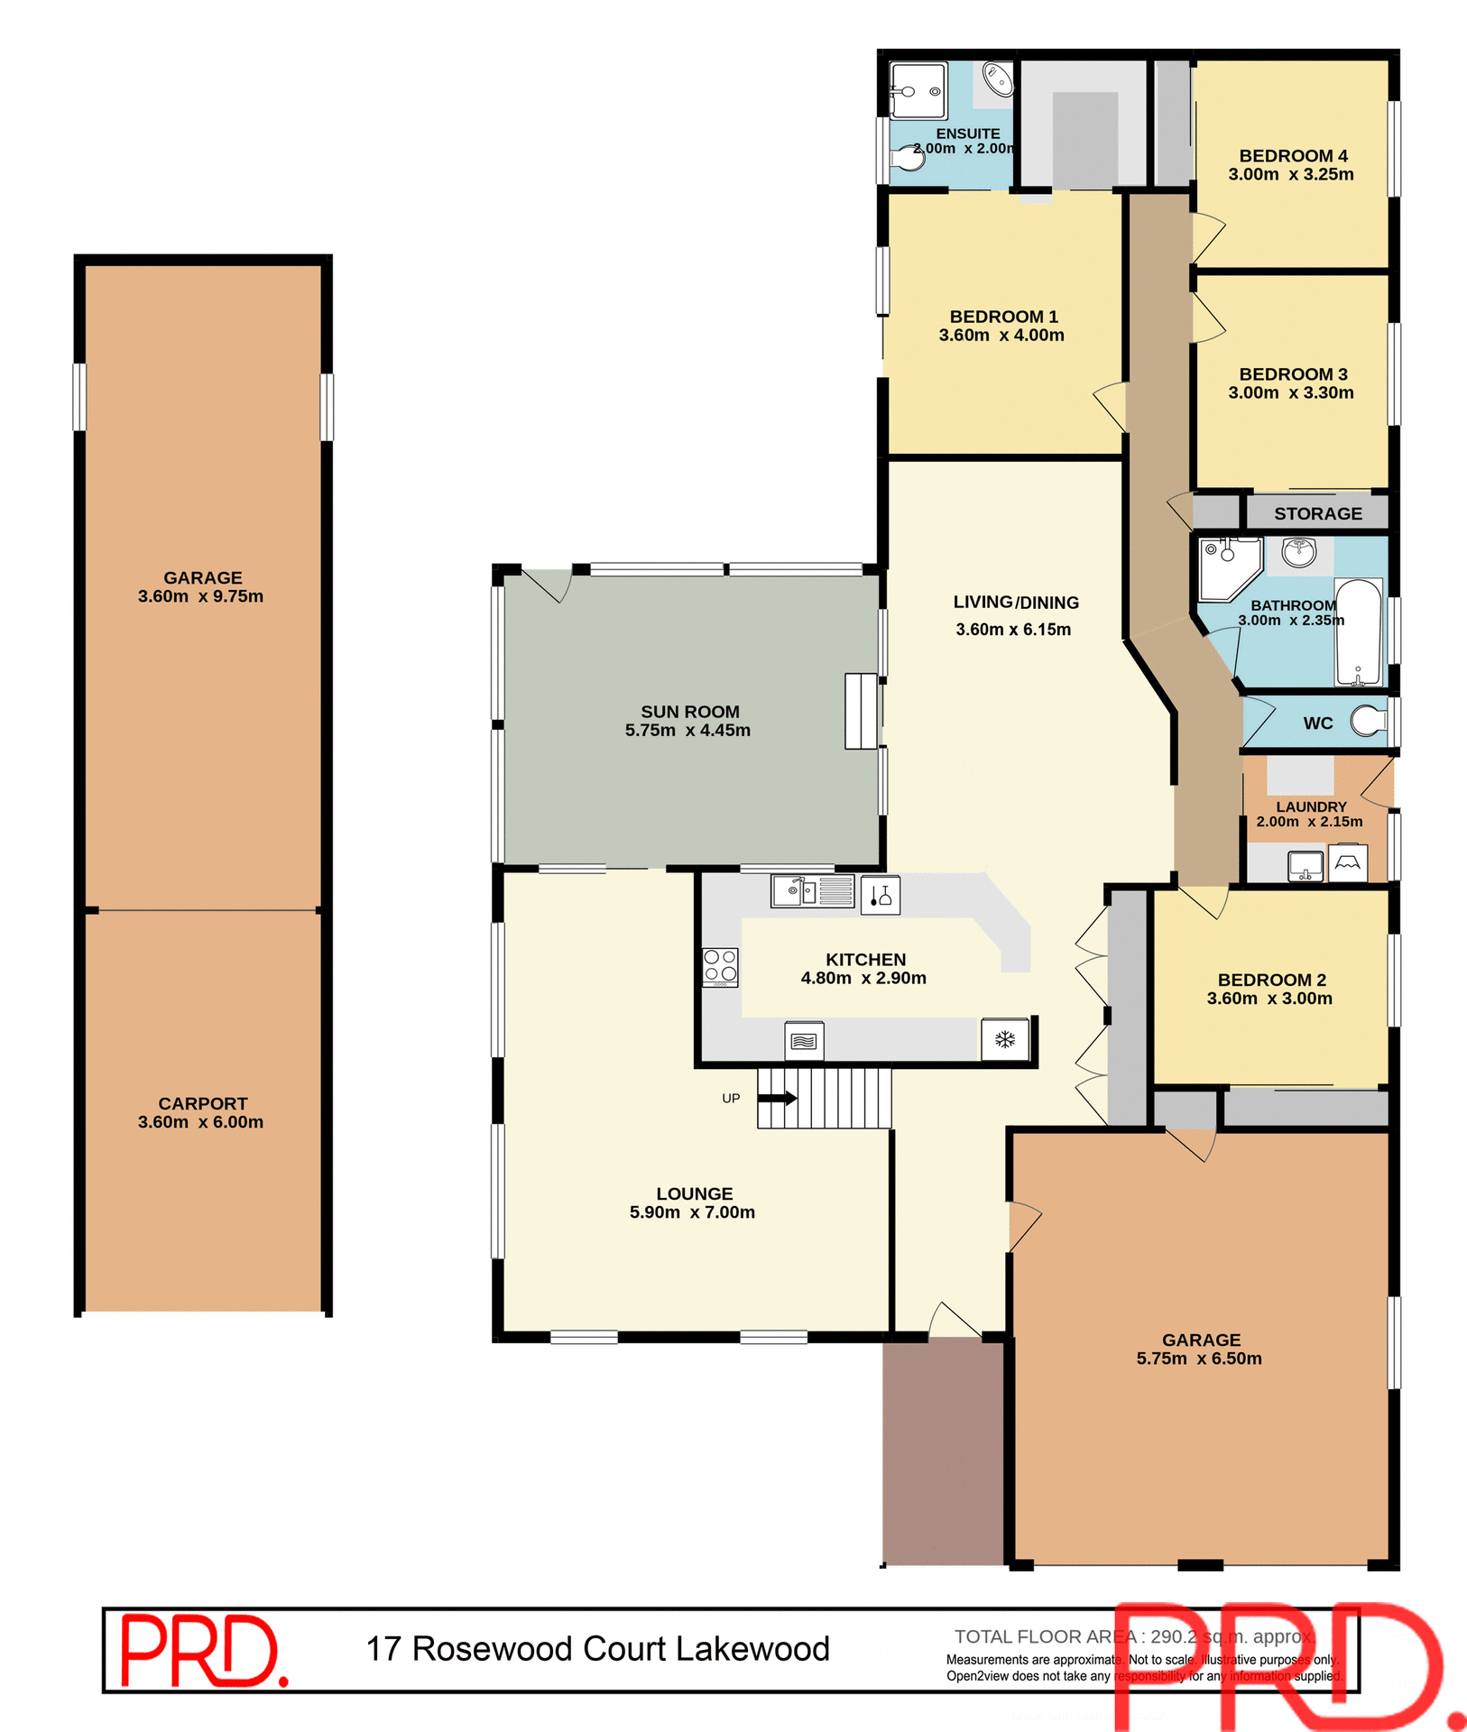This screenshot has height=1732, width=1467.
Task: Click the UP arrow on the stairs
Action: point(777,1098)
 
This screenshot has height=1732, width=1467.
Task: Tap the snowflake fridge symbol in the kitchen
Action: point(1004,1039)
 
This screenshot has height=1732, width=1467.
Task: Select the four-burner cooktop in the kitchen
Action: point(721,966)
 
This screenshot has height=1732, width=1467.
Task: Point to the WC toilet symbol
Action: point(1370,721)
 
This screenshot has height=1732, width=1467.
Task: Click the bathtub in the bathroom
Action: point(1358,631)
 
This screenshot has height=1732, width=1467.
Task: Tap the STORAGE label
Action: point(1317,513)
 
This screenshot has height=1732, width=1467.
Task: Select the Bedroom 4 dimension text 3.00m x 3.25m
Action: point(1290,174)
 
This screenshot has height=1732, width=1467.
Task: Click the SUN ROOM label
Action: point(689,712)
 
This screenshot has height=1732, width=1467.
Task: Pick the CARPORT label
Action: point(202,1103)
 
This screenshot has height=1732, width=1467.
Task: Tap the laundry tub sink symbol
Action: point(1305,865)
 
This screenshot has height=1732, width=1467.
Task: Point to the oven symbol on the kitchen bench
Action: point(803,1041)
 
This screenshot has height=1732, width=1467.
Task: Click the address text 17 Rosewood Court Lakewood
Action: point(597,1649)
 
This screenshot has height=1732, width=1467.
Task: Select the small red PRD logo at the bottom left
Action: point(203,1650)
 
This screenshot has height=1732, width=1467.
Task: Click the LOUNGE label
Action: point(694,1193)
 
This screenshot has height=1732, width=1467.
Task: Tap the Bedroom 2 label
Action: point(1271,980)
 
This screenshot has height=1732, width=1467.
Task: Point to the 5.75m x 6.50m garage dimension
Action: point(1199,1359)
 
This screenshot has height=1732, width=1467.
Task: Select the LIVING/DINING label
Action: point(1016,603)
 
